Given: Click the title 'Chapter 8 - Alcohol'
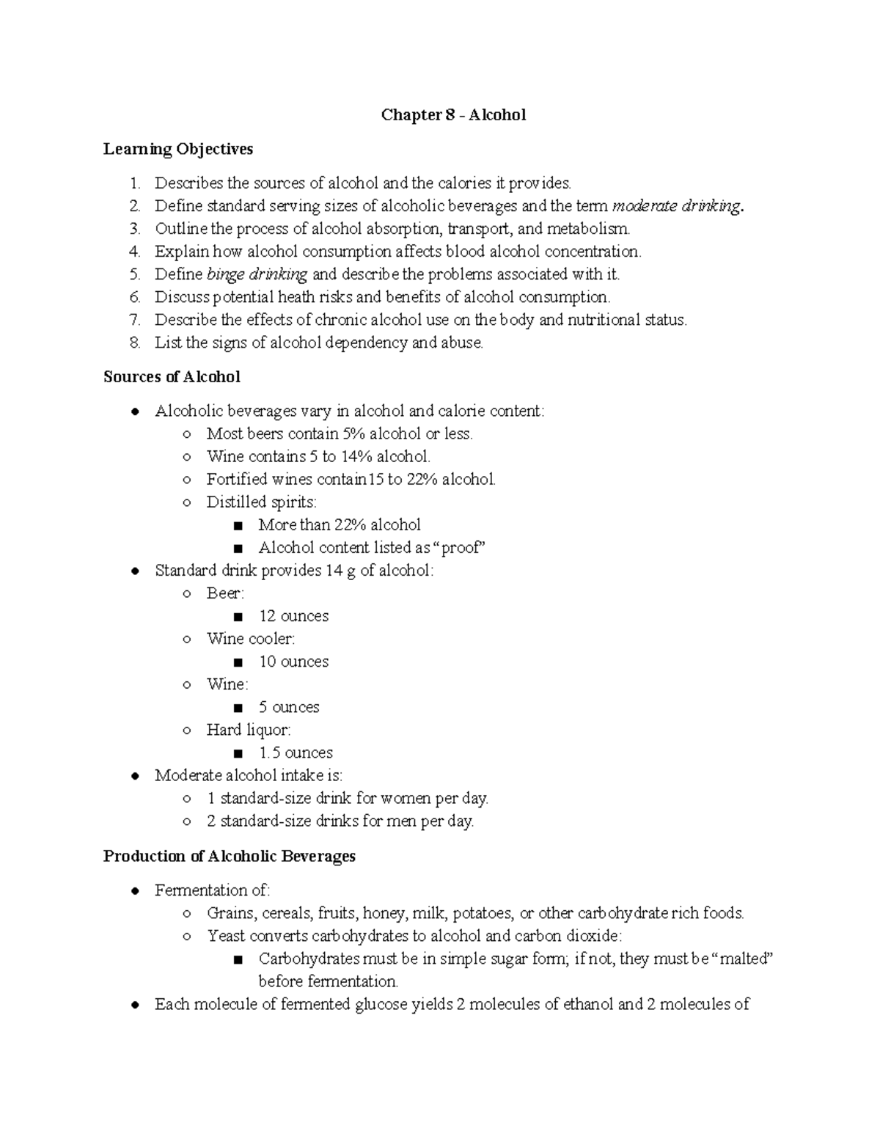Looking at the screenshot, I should (453, 115).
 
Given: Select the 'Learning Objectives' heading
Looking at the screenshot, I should (178, 149).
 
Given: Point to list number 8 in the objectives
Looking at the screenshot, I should (133, 343).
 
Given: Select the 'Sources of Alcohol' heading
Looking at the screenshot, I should (172, 377).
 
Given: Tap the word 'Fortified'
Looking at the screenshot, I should (237, 479).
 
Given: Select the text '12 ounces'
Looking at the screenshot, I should (293, 616).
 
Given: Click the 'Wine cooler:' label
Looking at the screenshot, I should (251, 639).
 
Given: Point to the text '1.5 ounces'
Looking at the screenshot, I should (296, 752).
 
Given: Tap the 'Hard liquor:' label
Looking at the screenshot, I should (249, 730).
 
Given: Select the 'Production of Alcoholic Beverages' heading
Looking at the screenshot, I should (230, 856).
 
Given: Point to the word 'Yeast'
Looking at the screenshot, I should (226, 936).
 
